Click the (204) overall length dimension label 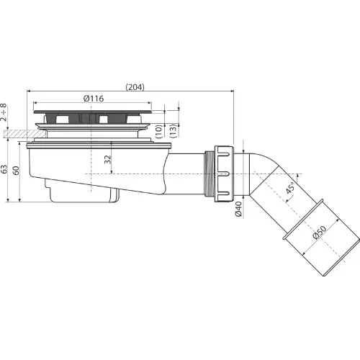[135, 87]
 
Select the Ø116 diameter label [94, 99]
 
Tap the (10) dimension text [159, 131]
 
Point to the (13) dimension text [174, 131]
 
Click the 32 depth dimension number [108, 160]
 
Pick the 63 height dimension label [4, 169]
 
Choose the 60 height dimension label [16, 171]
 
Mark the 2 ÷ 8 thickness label [4, 112]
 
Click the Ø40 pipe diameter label [238, 209]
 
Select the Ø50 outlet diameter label [320, 233]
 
